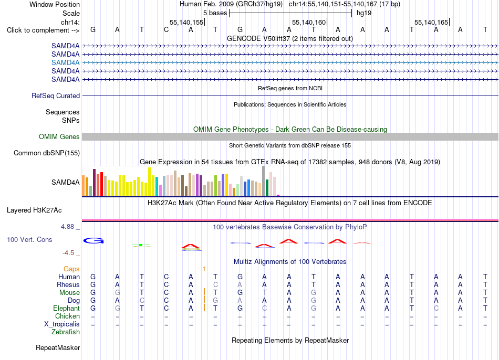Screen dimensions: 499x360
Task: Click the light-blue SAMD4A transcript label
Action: click(65, 62)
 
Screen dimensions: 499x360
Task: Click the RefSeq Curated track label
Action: click(56, 96)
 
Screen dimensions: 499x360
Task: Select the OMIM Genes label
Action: click(59, 137)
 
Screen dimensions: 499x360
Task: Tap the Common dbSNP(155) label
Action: click(47, 153)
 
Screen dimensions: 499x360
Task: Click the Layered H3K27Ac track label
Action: click(34, 210)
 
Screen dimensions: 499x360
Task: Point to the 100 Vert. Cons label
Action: click(29, 239)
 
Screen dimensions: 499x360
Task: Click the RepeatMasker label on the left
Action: click(58, 347)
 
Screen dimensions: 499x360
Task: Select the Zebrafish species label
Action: click(66, 332)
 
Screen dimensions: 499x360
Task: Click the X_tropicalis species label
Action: click(62, 324)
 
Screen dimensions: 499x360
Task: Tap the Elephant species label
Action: click(67, 309)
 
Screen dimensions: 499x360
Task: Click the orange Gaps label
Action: click(71, 269)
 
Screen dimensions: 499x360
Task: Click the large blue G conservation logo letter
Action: click(93, 241)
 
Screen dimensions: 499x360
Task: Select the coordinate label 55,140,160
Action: click(309, 22)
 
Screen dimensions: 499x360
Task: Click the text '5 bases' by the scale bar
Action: click(215, 13)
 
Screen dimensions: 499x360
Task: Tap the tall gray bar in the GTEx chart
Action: click(264, 181)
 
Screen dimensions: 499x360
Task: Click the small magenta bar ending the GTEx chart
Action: click(278, 195)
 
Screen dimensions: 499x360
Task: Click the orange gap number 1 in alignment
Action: click(204, 269)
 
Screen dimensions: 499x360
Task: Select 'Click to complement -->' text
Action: click(43, 30)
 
